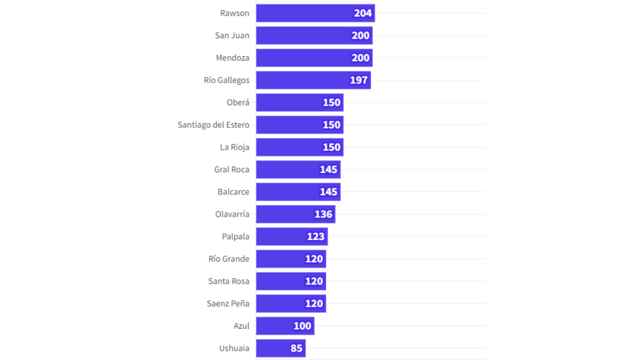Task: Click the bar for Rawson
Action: [x=315, y=13]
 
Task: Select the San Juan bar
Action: [x=314, y=35]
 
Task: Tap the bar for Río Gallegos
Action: [x=313, y=80]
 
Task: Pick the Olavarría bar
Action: [x=295, y=214]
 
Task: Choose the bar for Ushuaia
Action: [x=280, y=348]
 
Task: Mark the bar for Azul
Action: [x=284, y=326]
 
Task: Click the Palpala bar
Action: [x=291, y=237]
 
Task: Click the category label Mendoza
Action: [x=233, y=58]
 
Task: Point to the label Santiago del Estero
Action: [x=213, y=125]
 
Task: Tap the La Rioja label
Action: [x=235, y=147]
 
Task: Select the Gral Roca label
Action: [x=231, y=170]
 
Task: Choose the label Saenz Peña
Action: [x=228, y=303]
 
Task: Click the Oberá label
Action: [x=238, y=102]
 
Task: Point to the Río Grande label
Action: [x=229, y=259]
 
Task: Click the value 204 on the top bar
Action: [x=363, y=13]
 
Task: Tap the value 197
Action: [x=359, y=80]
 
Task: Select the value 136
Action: [x=323, y=214]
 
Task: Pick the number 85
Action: [x=297, y=348]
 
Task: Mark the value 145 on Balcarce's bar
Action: [x=329, y=192]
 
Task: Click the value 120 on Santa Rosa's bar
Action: [x=314, y=281]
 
